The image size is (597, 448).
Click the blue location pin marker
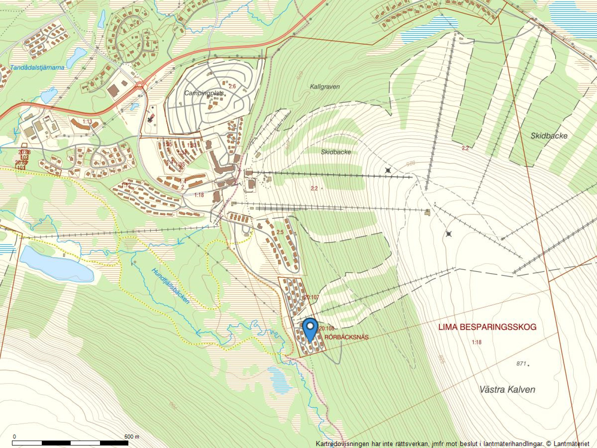pos(310,329)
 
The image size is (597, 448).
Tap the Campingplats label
pos(204,93)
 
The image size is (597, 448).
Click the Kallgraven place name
pos(325,87)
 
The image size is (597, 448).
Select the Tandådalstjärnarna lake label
pos(37,68)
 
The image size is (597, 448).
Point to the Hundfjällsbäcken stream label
pos(171,286)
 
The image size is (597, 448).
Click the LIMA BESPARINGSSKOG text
pos(487,327)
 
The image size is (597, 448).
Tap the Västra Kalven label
pos(507,389)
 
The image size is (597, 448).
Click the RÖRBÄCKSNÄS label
pos(346,337)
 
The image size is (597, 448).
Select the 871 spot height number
pos(521,364)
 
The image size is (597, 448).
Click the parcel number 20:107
pos(312,298)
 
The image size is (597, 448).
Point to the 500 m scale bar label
pos(131,436)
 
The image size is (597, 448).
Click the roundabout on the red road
pos(140,85)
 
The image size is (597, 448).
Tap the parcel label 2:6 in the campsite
pos(232,86)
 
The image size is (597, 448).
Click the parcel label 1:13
pos(87,122)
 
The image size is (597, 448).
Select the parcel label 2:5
pos(280,232)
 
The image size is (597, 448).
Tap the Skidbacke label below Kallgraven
pos(336,152)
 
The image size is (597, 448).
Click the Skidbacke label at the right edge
pos(549,136)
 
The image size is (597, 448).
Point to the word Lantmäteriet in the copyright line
pos(571,444)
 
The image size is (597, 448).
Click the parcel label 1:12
pos(126,185)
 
